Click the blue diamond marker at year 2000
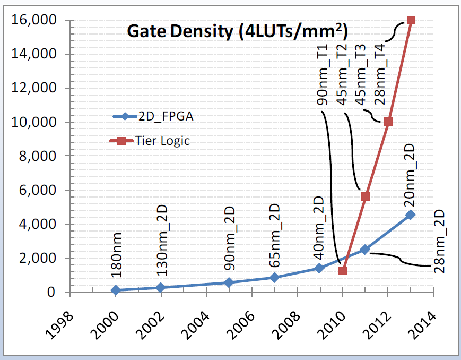tap(115, 290)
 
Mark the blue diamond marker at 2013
tap(411, 215)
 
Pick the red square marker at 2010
tap(342, 271)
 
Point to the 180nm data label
tap(116, 255)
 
